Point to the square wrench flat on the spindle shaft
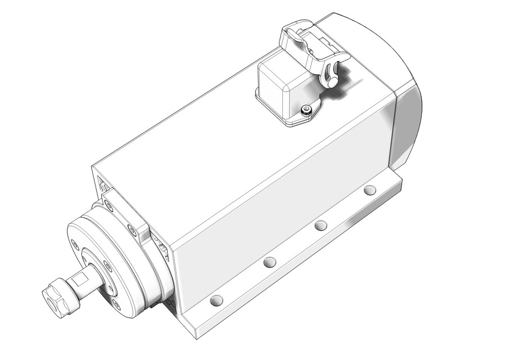tap(80, 278)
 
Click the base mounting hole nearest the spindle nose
tap(216, 300)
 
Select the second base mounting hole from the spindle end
tap(270, 262)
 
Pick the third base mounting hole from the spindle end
tap(321, 226)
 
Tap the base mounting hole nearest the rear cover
tap(370, 190)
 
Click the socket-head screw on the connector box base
tap(306, 109)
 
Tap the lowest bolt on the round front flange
tap(116, 304)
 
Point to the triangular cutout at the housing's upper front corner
tap(103, 183)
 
